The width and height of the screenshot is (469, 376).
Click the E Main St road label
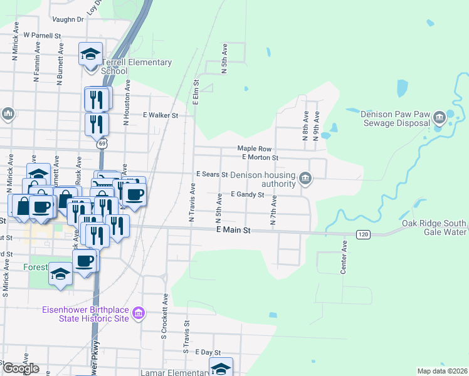tap(233, 231)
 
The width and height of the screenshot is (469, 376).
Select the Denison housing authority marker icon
tap(305, 179)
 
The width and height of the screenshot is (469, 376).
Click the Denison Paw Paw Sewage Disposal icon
tap(439, 117)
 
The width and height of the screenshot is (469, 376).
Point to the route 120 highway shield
tap(362, 234)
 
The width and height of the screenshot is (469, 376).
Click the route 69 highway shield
tap(101, 144)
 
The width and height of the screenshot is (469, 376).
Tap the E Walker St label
tap(161, 115)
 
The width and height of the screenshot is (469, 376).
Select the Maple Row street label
tap(254, 149)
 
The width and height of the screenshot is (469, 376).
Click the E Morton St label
tap(260, 157)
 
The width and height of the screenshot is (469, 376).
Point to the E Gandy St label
tap(247, 195)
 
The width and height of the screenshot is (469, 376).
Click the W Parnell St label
tap(41, 36)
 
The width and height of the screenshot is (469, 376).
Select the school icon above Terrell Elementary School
tap(90, 54)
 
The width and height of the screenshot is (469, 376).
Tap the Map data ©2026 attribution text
tap(442, 371)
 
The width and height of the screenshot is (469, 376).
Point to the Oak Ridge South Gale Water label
tap(435, 228)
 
